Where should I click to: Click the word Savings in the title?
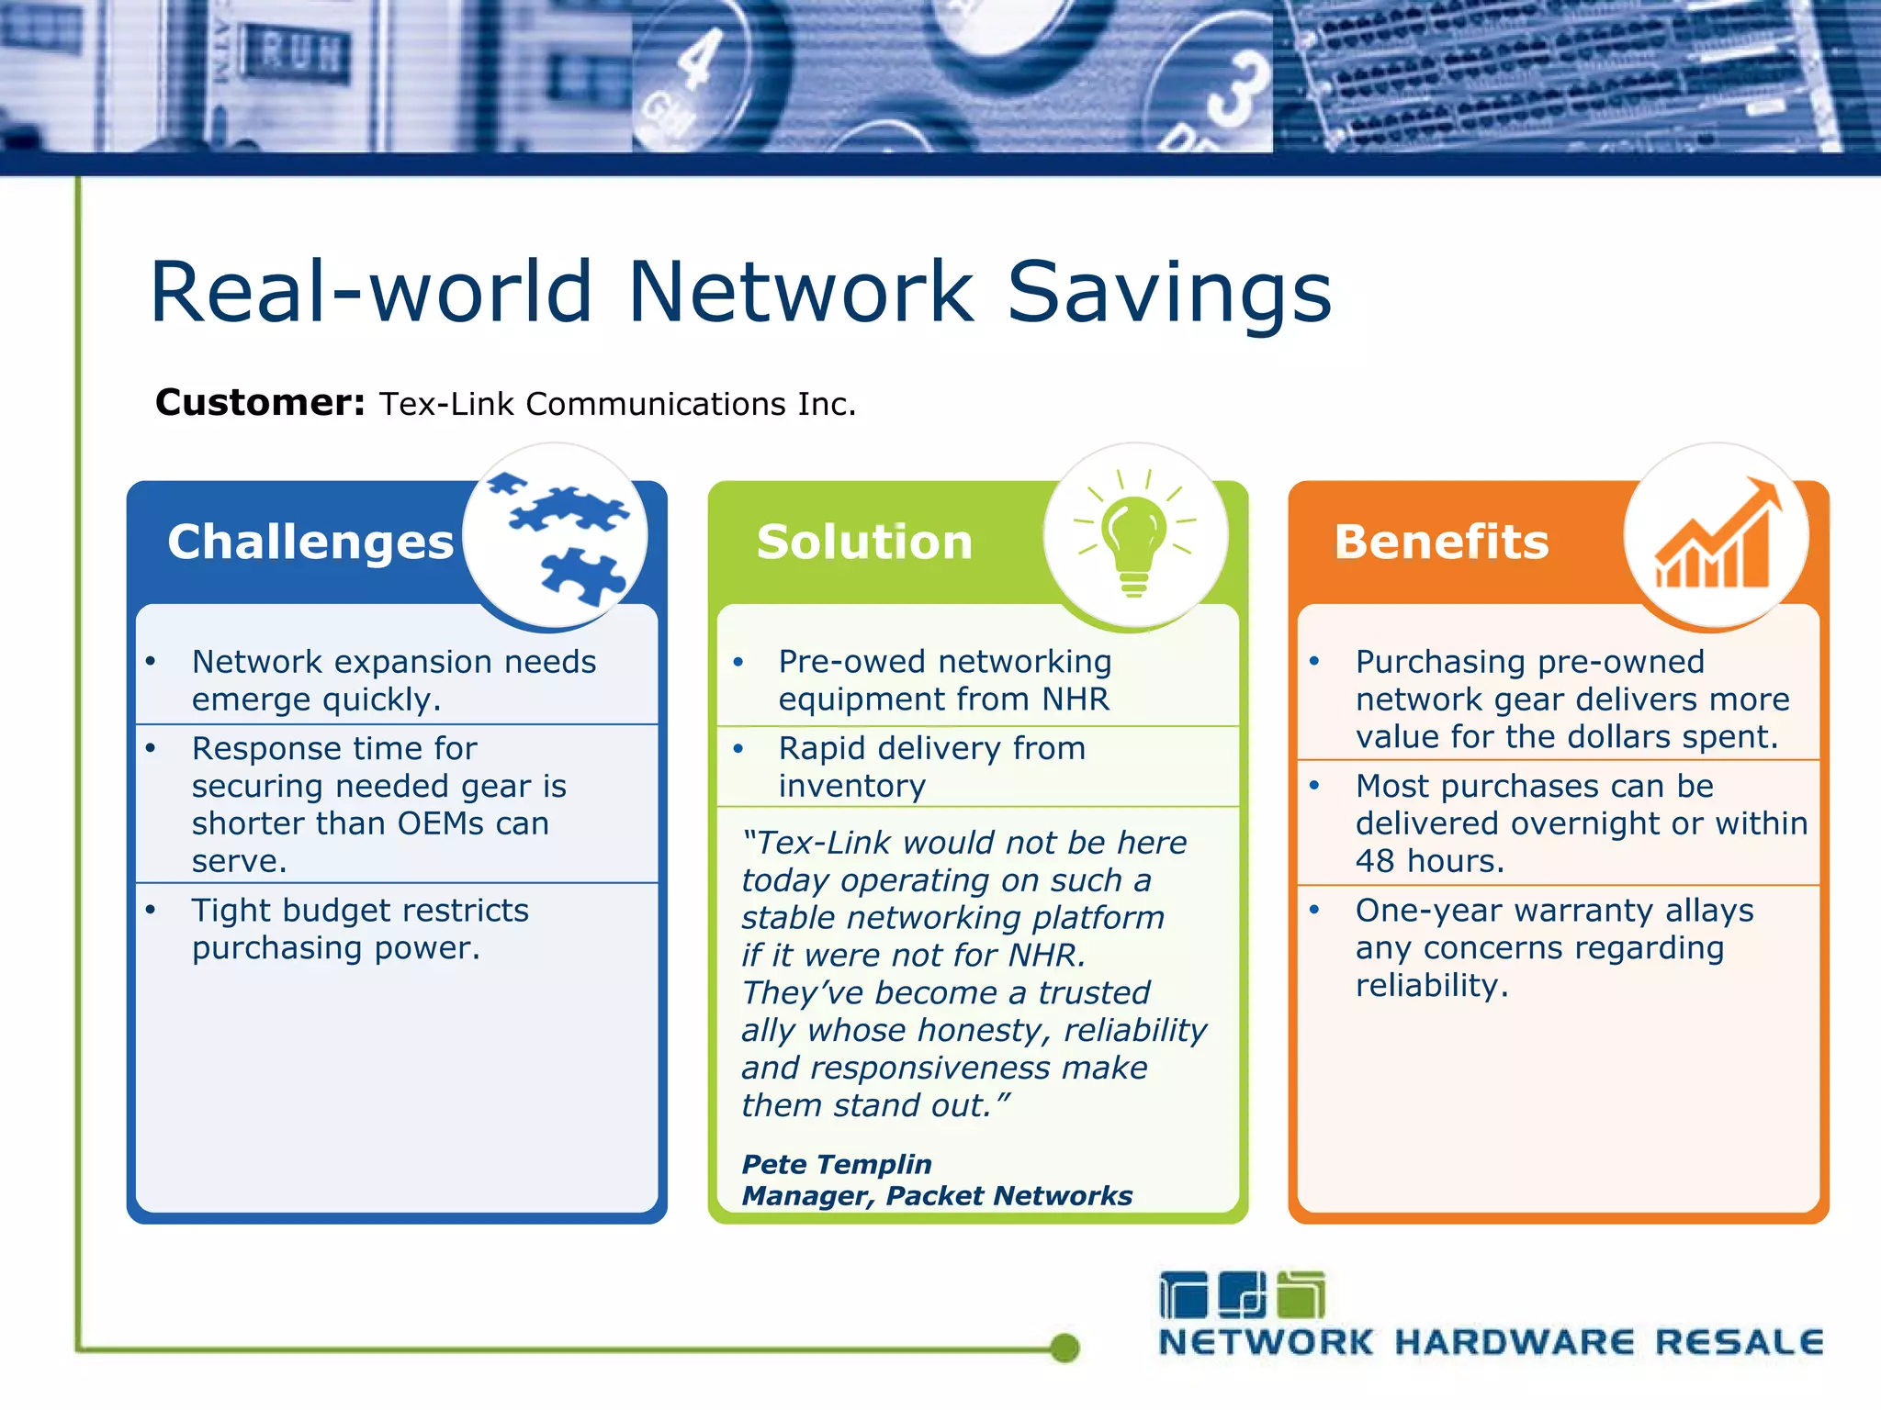[x=1169, y=292]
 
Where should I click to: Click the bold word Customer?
[x=260, y=403]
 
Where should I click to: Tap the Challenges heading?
[x=310, y=542]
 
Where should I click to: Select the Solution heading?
[x=863, y=542]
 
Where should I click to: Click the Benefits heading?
[x=1441, y=542]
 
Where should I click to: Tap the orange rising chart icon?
[x=1716, y=537]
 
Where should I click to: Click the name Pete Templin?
[x=836, y=1164]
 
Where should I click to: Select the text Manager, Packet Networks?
[x=937, y=1195]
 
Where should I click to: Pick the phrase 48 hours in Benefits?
[x=1428, y=861]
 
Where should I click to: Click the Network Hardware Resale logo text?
[x=1490, y=1342]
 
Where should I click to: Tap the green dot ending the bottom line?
[x=1064, y=1348]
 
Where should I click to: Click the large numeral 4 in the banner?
[x=698, y=60]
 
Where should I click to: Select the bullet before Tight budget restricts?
[x=151, y=910]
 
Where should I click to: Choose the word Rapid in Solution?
[x=823, y=748]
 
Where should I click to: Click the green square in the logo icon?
[x=1302, y=1295]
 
